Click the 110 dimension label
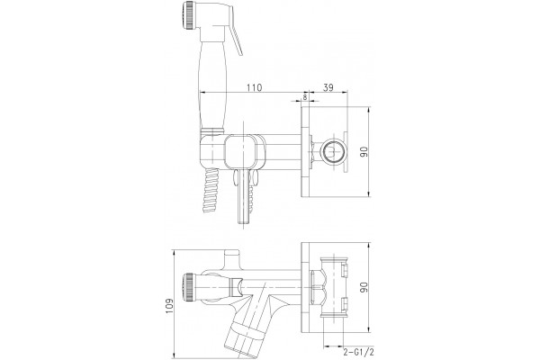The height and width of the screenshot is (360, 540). tap(254, 87)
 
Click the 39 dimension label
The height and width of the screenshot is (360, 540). tap(328, 87)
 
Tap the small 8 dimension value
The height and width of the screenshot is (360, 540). tap(305, 97)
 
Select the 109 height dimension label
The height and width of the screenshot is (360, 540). tap(169, 306)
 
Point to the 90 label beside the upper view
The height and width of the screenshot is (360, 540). tap(364, 151)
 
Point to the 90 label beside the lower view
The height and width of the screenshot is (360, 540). tap(364, 287)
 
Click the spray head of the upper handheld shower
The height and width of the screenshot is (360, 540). tap(188, 16)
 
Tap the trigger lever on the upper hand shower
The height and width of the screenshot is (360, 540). tap(236, 40)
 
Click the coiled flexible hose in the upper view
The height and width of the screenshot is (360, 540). tap(210, 190)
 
